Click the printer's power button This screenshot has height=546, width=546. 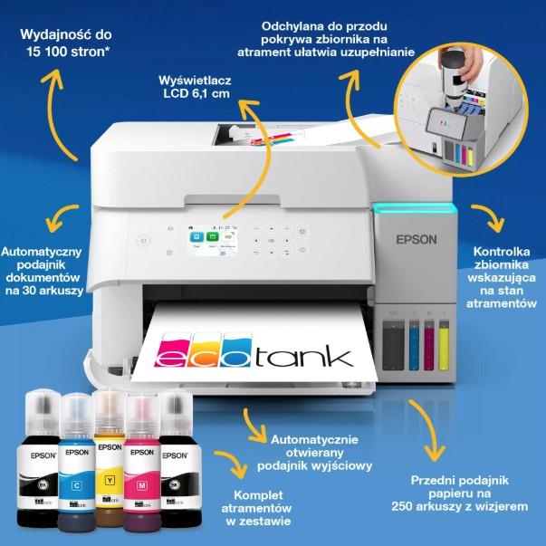tap(142, 241)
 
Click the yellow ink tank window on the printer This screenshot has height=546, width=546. tap(444, 345)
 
